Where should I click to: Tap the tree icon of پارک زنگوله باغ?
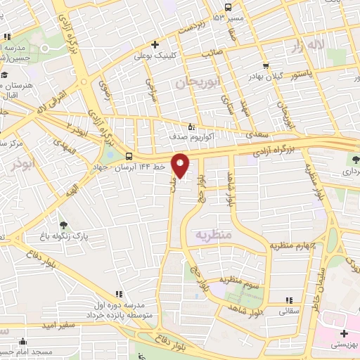click(65, 225)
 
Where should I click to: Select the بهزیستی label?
click(345, 346)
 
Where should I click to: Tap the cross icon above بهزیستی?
click(343, 333)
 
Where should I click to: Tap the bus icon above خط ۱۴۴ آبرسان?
click(129, 156)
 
